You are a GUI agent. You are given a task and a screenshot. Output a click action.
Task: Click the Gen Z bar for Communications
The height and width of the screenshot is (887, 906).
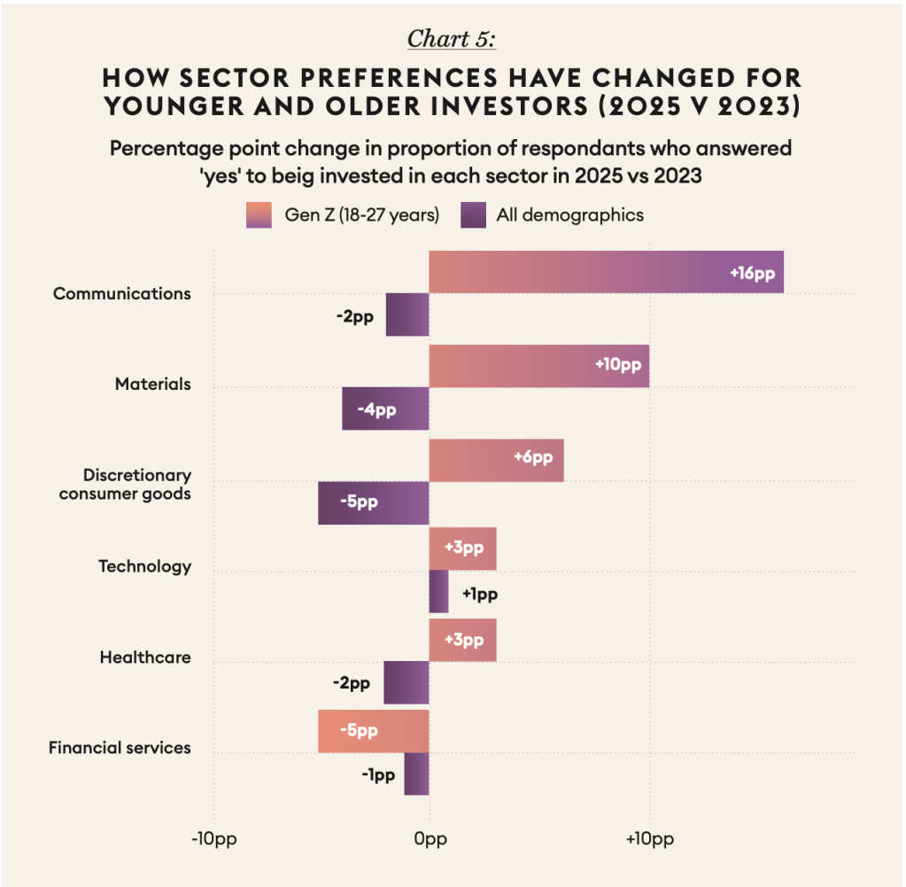(x=606, y=271)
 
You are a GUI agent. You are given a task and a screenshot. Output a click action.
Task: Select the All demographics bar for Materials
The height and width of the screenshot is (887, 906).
(x=385, y=409)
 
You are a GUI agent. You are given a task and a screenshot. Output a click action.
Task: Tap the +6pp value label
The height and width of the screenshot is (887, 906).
(x=532, y=457)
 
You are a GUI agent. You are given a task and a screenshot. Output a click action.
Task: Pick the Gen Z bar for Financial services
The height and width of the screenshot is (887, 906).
(x=374, y=731)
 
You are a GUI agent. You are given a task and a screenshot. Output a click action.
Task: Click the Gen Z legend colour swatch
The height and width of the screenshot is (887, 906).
(x=259, y=215)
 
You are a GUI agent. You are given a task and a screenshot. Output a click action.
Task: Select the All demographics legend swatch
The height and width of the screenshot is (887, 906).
(x=474, y=215)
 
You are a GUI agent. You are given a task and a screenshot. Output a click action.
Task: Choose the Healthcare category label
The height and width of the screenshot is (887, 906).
(x=145, y=657)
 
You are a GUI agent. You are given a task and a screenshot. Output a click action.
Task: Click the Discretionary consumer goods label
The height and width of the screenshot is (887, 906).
(x=125, y=485)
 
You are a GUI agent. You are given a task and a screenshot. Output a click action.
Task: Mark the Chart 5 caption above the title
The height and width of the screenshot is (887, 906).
(x=453, y=40)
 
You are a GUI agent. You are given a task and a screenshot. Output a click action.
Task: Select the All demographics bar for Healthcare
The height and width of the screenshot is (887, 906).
(x=407, y=683)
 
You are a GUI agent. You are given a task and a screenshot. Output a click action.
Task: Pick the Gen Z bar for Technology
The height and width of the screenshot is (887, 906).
(x=462, y=549)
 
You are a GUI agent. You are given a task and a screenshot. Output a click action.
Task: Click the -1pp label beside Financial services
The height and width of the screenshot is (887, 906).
(x=378, y=775)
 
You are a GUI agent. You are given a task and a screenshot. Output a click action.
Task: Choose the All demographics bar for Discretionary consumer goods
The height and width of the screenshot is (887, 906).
(x=374, y=502)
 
